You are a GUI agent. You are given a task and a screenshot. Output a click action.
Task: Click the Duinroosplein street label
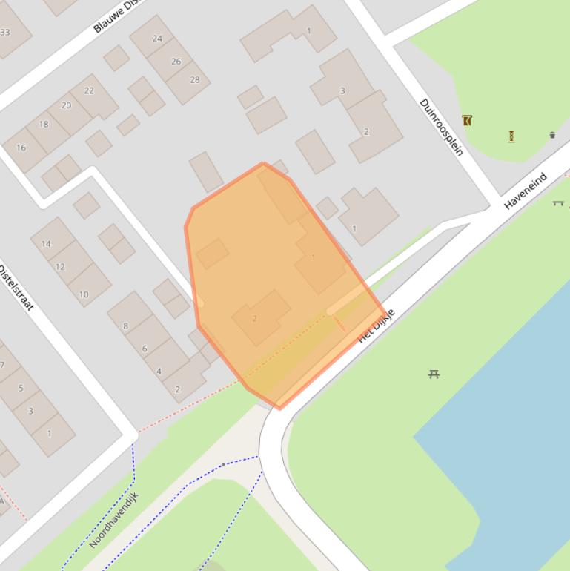[x=442, y=127]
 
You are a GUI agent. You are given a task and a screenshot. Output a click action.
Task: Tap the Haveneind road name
[x=526, y=191]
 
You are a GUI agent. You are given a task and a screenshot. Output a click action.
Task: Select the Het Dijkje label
[x=377, y=326]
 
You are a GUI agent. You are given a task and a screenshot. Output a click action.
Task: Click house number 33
[x=5, y=32]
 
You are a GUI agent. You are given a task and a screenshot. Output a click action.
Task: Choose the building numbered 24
[x=157, y=39]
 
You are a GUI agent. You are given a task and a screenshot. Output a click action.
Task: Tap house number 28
[x=195, y=80]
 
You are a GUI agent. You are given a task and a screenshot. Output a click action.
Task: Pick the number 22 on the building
[x=89, y=90]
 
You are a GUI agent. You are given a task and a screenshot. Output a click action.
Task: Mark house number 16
[x=21, y=148]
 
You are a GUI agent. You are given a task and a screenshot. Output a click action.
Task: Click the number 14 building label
[x=46, y=243]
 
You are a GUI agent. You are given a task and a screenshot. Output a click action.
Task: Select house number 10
[x=84, y=294]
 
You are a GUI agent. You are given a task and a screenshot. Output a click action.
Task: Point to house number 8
[x=125, y=326]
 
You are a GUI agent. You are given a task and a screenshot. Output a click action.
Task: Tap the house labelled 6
[x=145, y=349]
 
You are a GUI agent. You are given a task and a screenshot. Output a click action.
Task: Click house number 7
[x=2, y=365]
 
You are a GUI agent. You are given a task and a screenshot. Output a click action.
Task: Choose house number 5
[x=21, y=388]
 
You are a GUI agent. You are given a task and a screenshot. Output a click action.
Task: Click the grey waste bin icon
[x=552, y=135]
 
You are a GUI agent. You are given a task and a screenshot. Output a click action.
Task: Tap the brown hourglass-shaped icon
[x=511, y=136]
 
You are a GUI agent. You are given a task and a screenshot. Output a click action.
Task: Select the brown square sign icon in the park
[x=467, y=120]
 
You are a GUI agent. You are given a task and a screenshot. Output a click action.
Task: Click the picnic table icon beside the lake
[x=434, y=374]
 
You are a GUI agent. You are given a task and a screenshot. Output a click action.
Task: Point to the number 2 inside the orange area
[x=254, y=319]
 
